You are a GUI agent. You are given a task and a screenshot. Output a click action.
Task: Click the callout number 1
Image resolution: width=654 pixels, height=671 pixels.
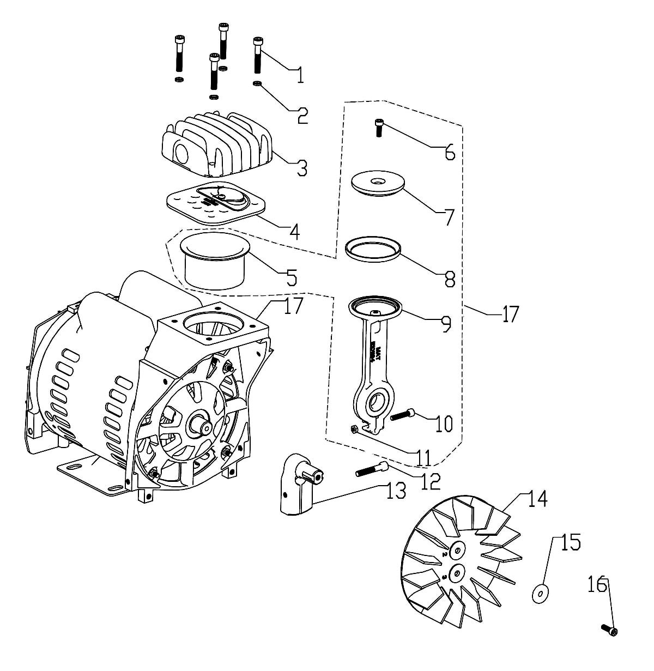(x=299, y=74)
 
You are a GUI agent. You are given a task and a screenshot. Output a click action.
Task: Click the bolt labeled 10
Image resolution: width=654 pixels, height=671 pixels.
(x=402, y=415)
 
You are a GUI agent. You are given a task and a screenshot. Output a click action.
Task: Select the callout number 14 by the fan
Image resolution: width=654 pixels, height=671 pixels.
(x=537, y=499)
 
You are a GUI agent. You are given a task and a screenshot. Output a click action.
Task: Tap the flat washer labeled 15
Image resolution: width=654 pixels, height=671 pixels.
(x=540, y=593)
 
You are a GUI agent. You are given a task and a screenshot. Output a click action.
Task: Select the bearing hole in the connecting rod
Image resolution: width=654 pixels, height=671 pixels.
(x=376, y=404)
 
